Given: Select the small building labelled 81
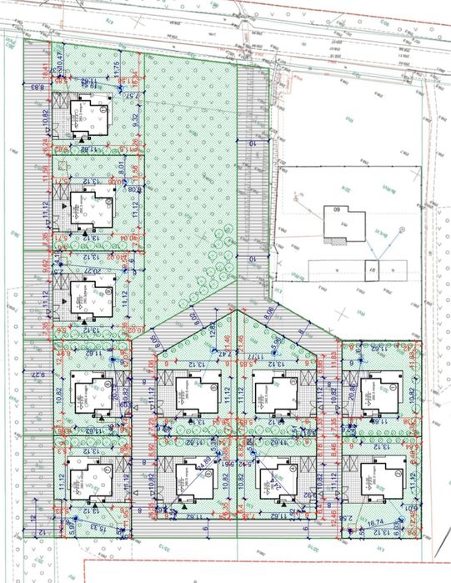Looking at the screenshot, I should tap(373, 269).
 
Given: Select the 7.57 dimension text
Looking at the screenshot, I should tap(132, 97).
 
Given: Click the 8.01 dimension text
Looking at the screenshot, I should tap(121, 166).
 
